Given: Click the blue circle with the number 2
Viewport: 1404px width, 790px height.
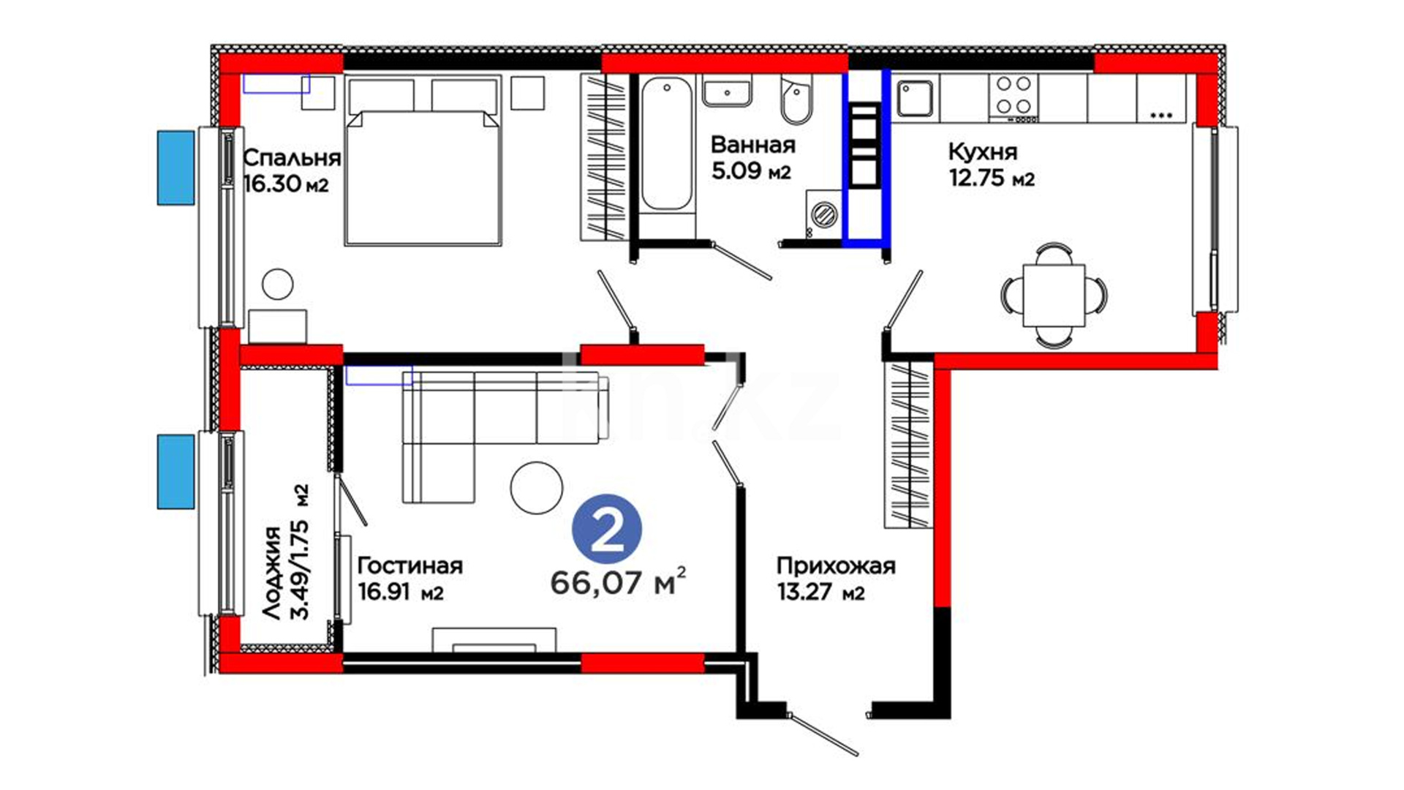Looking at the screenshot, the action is point(606,532).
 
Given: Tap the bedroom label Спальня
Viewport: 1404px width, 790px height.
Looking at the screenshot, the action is point(292,158).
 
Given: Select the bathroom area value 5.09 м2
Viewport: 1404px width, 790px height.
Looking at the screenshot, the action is point(751,171).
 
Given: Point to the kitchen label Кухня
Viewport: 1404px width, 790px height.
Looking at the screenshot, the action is point(982,152).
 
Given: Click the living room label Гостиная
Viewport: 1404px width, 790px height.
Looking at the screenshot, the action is point(409,565).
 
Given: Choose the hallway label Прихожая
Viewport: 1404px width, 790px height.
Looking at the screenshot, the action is point(836,566).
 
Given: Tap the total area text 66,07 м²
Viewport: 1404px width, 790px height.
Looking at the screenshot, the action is point(618,582).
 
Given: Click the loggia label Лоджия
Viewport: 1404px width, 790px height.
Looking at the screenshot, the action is point(272,573).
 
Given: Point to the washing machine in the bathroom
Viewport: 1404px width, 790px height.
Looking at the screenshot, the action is point(823,215).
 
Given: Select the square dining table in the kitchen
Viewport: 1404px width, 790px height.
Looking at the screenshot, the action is point(1054,296).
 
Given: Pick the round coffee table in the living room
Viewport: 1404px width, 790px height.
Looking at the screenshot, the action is point(537,488).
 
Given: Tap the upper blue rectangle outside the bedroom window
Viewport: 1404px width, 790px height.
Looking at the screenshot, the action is point(176,168).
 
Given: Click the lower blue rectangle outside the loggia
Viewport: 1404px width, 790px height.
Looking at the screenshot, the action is point(176,472).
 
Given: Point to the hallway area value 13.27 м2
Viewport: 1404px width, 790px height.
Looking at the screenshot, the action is point(820,592).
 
